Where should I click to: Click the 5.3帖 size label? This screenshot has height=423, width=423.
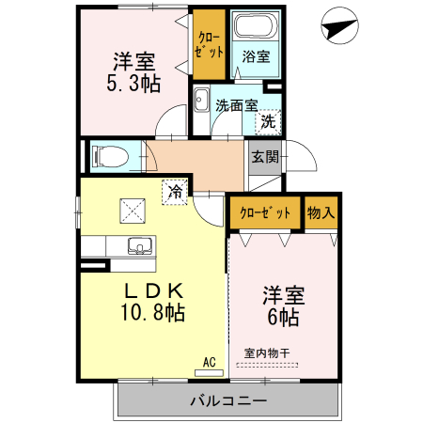tap(133, 84)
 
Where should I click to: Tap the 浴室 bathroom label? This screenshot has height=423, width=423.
tap(256, 56)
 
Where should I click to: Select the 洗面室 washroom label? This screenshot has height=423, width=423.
tap(236, 104)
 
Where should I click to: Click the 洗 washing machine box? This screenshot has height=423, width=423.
tap(269, 120)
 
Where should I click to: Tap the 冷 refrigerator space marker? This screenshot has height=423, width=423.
tap(175, 191)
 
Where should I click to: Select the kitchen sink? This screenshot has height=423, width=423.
tap(140, 247)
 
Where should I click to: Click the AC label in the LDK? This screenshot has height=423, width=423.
tap(209, 360)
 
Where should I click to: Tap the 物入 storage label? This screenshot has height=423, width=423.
tap(321, 212)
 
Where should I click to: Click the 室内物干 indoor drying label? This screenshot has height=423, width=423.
tap(267, 352)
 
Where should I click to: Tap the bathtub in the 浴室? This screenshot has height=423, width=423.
tap(255, 27)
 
